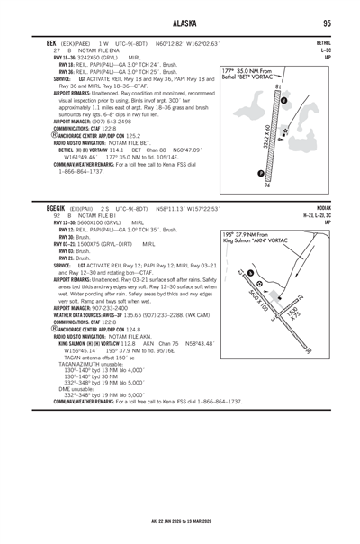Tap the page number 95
pyautogui.click(x=328, y=23)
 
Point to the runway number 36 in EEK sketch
pyautogui.click(x=267, y=185)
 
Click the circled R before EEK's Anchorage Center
pyautogui.click(x=32, y=135)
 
